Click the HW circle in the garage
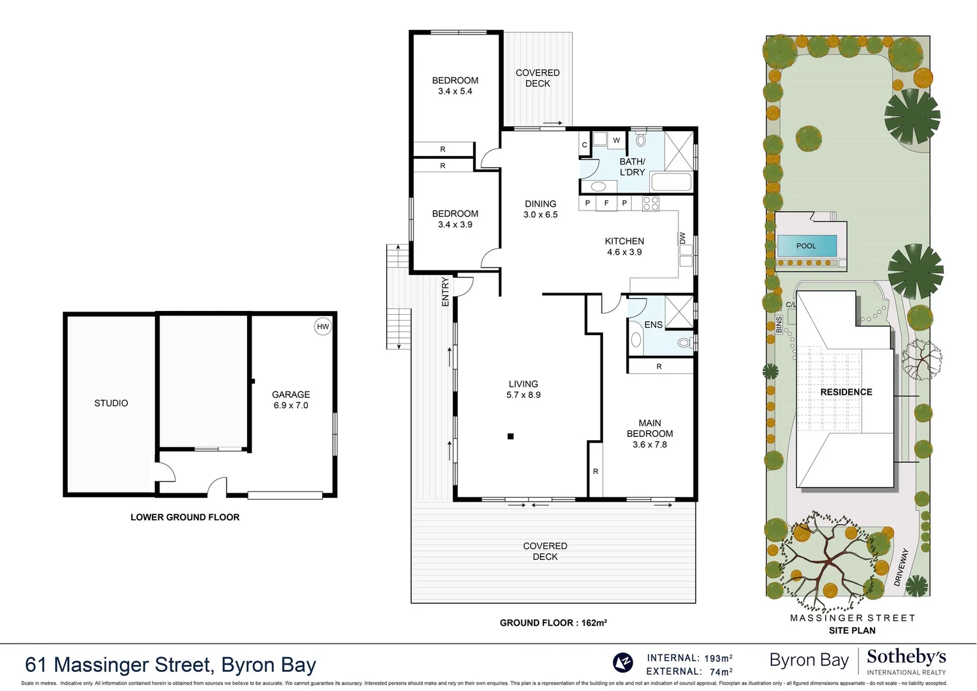[x=323, y=326]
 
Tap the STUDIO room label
[x=111, y=403]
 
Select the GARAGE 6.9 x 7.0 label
[x=291, y=400]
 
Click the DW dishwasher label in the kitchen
[x=682, y=238]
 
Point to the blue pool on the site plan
[x=807, y=246]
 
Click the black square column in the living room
[x=510, y=436]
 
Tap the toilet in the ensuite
[x=684, y=344]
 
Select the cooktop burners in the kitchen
[x=650, y=203]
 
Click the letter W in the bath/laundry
[x=617, y=140]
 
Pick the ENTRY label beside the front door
[x=445, y=291]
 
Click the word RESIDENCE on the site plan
[x=846, y=392]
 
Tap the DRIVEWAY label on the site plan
[x=901, y=567]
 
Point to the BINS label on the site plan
[x=779, y=324]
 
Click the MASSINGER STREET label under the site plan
[x=852, y=618]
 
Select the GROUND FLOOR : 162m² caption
[x=553, y=623]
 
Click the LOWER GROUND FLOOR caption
[x=185, y=517]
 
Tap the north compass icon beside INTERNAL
[x=622, y=662]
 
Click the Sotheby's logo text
[x=906, y=657]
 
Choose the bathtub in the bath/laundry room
[x=671, y=182]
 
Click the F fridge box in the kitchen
[x=606, y=203]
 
